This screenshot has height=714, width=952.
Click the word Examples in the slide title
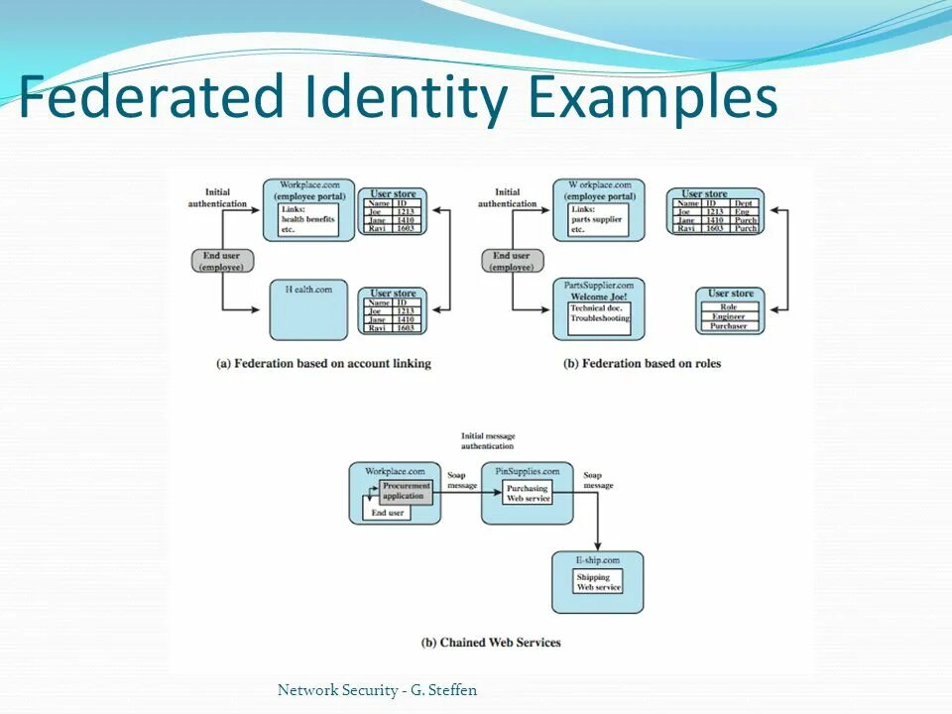coord(653,100)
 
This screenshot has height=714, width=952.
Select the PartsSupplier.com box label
coord(598,285)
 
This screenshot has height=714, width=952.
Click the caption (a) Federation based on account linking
coord(323,364)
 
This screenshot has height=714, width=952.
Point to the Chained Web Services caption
coord(491,643)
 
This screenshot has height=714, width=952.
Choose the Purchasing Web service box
coord(528,493)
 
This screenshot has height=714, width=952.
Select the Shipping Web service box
coord(598,582)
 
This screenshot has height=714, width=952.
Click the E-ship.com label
coord(598,561)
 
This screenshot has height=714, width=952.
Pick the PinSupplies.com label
coord(528,471)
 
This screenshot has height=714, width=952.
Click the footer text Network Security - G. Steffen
coord(377,690)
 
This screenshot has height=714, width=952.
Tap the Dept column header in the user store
coord(745,203)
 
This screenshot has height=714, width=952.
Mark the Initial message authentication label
coord(487,441)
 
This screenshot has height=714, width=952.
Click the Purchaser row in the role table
coord(729,325)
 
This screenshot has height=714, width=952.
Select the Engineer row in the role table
coord(729,316)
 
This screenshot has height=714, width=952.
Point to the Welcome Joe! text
coord(598,296)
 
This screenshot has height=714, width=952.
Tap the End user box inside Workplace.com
coord(387,513)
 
